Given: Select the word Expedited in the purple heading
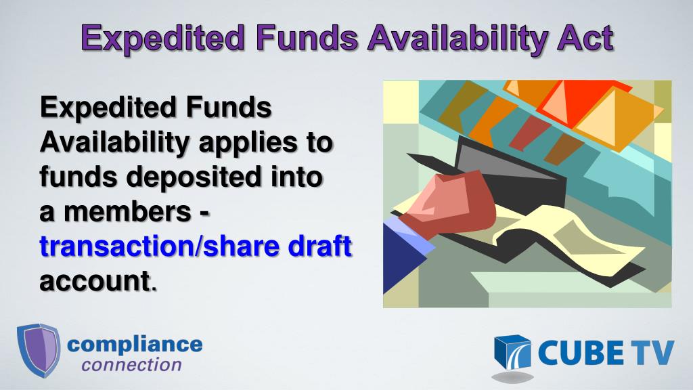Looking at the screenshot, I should [161, 38].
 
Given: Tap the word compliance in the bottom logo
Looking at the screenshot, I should [135, 343].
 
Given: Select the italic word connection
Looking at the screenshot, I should [132, 365].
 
